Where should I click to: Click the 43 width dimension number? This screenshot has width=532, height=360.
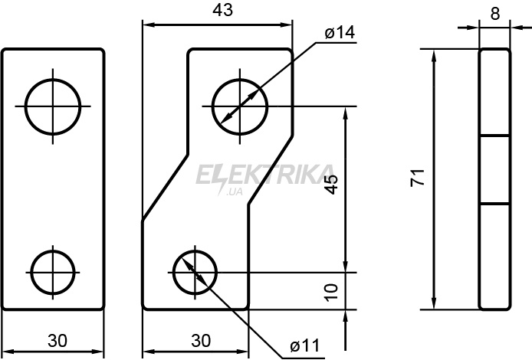click(222, 10)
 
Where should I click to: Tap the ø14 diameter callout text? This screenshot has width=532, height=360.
click(340, 33)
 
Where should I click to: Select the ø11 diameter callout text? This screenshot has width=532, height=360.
click(305, 345)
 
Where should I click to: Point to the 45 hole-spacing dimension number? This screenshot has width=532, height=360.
click(331, 184)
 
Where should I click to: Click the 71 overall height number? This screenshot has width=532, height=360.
click(418, 177)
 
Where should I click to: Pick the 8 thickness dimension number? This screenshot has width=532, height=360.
click(495, 14)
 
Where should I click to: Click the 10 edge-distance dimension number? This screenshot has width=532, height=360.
click(331, 292)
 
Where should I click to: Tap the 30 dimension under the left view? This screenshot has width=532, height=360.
click(57, 341)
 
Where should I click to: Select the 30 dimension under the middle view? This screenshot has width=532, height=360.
click(201, 341)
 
